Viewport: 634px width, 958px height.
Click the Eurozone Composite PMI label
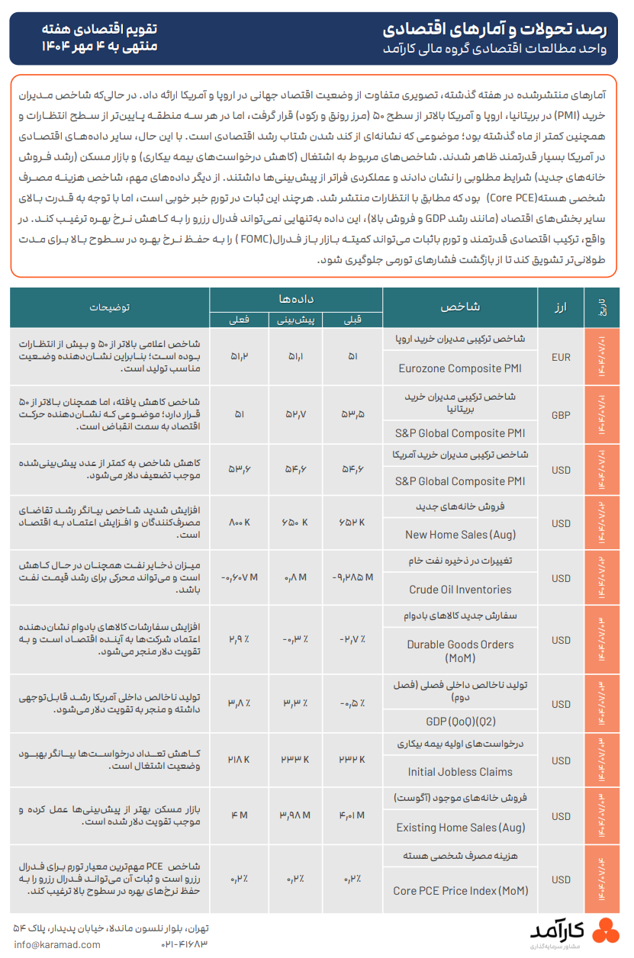coord(460,368)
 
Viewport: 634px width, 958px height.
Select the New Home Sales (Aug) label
coord(460,535)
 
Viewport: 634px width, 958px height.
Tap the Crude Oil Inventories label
coord(460,590)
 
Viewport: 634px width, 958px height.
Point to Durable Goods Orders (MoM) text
coord(460,651)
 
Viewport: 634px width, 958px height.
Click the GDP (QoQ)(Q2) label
coord(460,721)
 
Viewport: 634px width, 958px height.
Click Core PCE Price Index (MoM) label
coord(460,890)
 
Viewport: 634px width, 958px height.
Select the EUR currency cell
coord(561,356)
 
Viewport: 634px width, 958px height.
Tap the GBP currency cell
coord(561,416)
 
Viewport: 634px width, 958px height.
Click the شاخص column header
coord(460,307)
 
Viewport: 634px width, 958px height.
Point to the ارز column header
coord(562,307)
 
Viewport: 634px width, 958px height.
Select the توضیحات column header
coord(110,307)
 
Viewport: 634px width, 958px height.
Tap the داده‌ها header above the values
coord(297,298)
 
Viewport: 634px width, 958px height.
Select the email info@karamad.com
coord(56,944)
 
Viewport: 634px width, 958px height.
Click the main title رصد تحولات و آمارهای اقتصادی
coord(495,30)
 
